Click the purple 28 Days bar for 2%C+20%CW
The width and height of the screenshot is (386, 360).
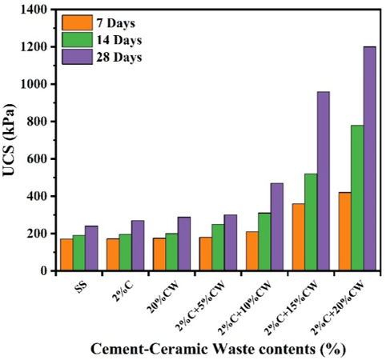point(370,158)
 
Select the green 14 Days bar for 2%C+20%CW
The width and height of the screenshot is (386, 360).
point(357,198)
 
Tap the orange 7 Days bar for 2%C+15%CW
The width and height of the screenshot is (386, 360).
point(299,237)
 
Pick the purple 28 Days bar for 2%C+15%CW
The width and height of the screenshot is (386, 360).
point(324,181)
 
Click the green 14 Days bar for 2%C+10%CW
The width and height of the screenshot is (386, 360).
point(264,242)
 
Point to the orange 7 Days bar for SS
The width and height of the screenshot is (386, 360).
point(66,255)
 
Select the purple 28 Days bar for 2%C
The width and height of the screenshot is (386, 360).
point(138,246)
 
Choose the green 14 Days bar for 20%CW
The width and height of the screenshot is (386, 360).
point(171,252)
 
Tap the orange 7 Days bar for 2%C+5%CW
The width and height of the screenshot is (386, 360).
point(206,254)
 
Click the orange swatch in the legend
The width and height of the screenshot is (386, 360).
point(77,22)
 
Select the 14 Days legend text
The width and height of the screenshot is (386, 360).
point(119,40)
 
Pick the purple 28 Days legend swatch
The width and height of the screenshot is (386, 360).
point(77,57)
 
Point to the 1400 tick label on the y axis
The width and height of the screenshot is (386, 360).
point(34,10)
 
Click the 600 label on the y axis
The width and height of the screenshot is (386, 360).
point(38,159)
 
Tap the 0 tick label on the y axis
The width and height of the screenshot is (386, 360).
point(44,271)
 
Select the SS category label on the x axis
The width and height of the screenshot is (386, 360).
point(81,287)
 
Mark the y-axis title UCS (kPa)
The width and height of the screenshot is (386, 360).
point(10,140)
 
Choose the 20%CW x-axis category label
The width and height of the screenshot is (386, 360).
point(163,297)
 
